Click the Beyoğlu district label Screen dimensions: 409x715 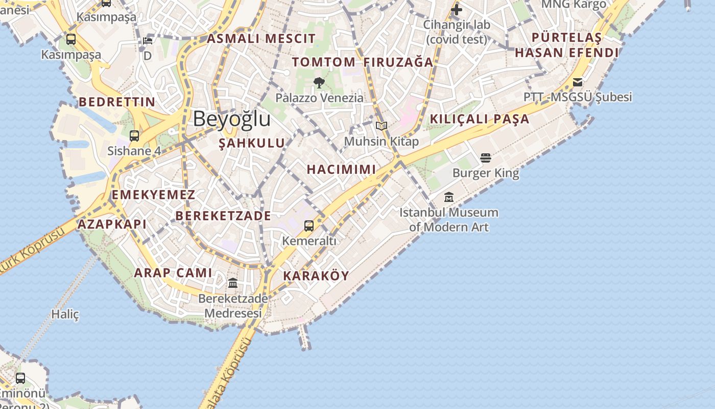[x=231, y=119]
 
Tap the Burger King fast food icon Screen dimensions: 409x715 [x=486, y=157]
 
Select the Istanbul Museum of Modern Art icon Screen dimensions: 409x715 [x=449, y=197]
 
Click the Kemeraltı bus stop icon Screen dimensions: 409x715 [x=309, y=225]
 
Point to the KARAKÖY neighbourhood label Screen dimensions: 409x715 [x=316, y=276]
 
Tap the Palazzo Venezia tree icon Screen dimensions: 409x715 [x=319, y=82]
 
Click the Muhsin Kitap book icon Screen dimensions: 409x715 [x=382, y=126]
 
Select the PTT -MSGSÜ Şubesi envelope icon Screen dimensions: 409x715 [x=578, y=82]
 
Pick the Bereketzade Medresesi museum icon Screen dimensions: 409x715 [x=233, y=283]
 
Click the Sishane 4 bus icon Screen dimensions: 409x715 [x=134, y=136]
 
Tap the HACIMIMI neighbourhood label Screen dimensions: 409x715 [x=341, y=169]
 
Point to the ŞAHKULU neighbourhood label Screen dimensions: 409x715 [x=252, y=143]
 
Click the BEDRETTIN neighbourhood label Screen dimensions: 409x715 [x=117, y=102]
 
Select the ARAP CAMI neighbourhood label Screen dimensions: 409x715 [x=173, y=273]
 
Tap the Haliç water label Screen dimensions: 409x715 [x=65, y=314]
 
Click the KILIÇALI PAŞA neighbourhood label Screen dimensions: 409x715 [x=479, y=119]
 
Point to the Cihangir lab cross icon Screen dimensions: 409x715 [x=457, y=9]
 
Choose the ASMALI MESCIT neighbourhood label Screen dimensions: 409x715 [x=261, y=38]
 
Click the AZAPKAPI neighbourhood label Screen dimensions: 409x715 [x=112, y=224]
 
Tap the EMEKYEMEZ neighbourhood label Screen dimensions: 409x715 [x=153, y=195]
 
